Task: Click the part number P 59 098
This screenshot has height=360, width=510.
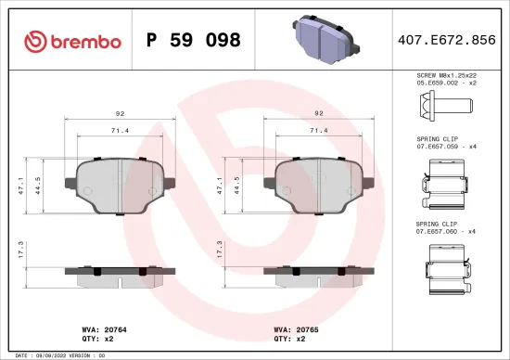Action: (x=194, y=41)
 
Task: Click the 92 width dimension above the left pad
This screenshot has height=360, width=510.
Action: (x=120, y=113)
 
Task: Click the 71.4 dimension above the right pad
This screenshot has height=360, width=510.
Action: (x=319, y=130)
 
